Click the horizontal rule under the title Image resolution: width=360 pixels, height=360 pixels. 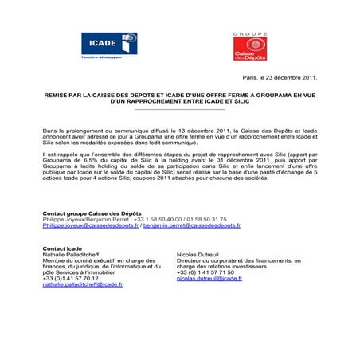point(180,110)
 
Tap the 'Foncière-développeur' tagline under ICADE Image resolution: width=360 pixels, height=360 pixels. point(100,61)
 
